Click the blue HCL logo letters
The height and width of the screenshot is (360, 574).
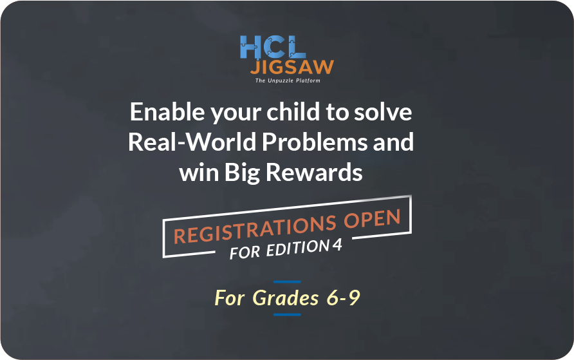273,47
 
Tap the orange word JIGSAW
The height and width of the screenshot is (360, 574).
292,67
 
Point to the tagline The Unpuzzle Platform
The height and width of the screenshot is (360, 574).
288,81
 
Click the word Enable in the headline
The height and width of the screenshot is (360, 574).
167,111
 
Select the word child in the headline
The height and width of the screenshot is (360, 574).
293,111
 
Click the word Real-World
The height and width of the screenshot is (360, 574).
192,142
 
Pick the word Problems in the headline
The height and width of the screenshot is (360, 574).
315,142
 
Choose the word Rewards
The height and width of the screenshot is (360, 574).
314,172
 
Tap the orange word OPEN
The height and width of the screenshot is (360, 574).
373,219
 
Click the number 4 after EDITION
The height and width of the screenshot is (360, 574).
338,245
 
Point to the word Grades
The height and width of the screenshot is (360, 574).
286,298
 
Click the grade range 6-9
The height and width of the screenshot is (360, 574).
344,298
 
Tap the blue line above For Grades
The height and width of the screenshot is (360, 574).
288,281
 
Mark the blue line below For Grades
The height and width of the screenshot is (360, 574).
288,314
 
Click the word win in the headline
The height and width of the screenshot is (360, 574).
199,173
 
